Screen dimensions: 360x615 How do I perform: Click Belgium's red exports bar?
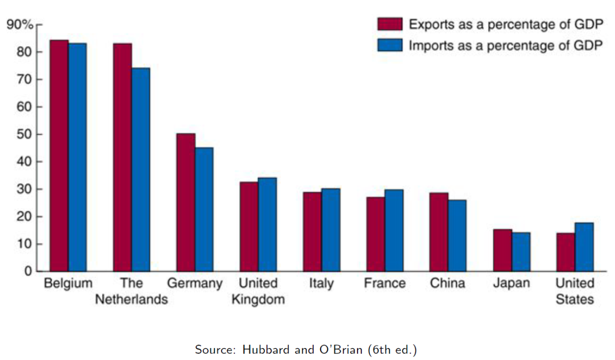pyautogui.click(x=59, y=156)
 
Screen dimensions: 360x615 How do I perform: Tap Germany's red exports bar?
pyautogui.click(x=186, y=202)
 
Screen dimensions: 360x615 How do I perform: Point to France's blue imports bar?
pyautogui.click(x=394, y=230)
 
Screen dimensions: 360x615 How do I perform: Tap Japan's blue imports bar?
pyautogui.click(x=521, y=252)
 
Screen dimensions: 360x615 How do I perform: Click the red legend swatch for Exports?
pyautogui.click(x=390, y=24)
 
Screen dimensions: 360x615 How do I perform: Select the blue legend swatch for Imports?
pyautogui.click(x=390, y=45)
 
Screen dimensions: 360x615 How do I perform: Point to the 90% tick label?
pyautogui.click(x=20, y=25)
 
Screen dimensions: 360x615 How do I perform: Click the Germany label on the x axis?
pyautogui.click(x=195, y=284)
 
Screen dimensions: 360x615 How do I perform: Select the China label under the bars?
pyautogui.click(x=447, y=284)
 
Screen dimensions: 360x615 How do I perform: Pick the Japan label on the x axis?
pyautogui.click(x=511, y=284)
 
